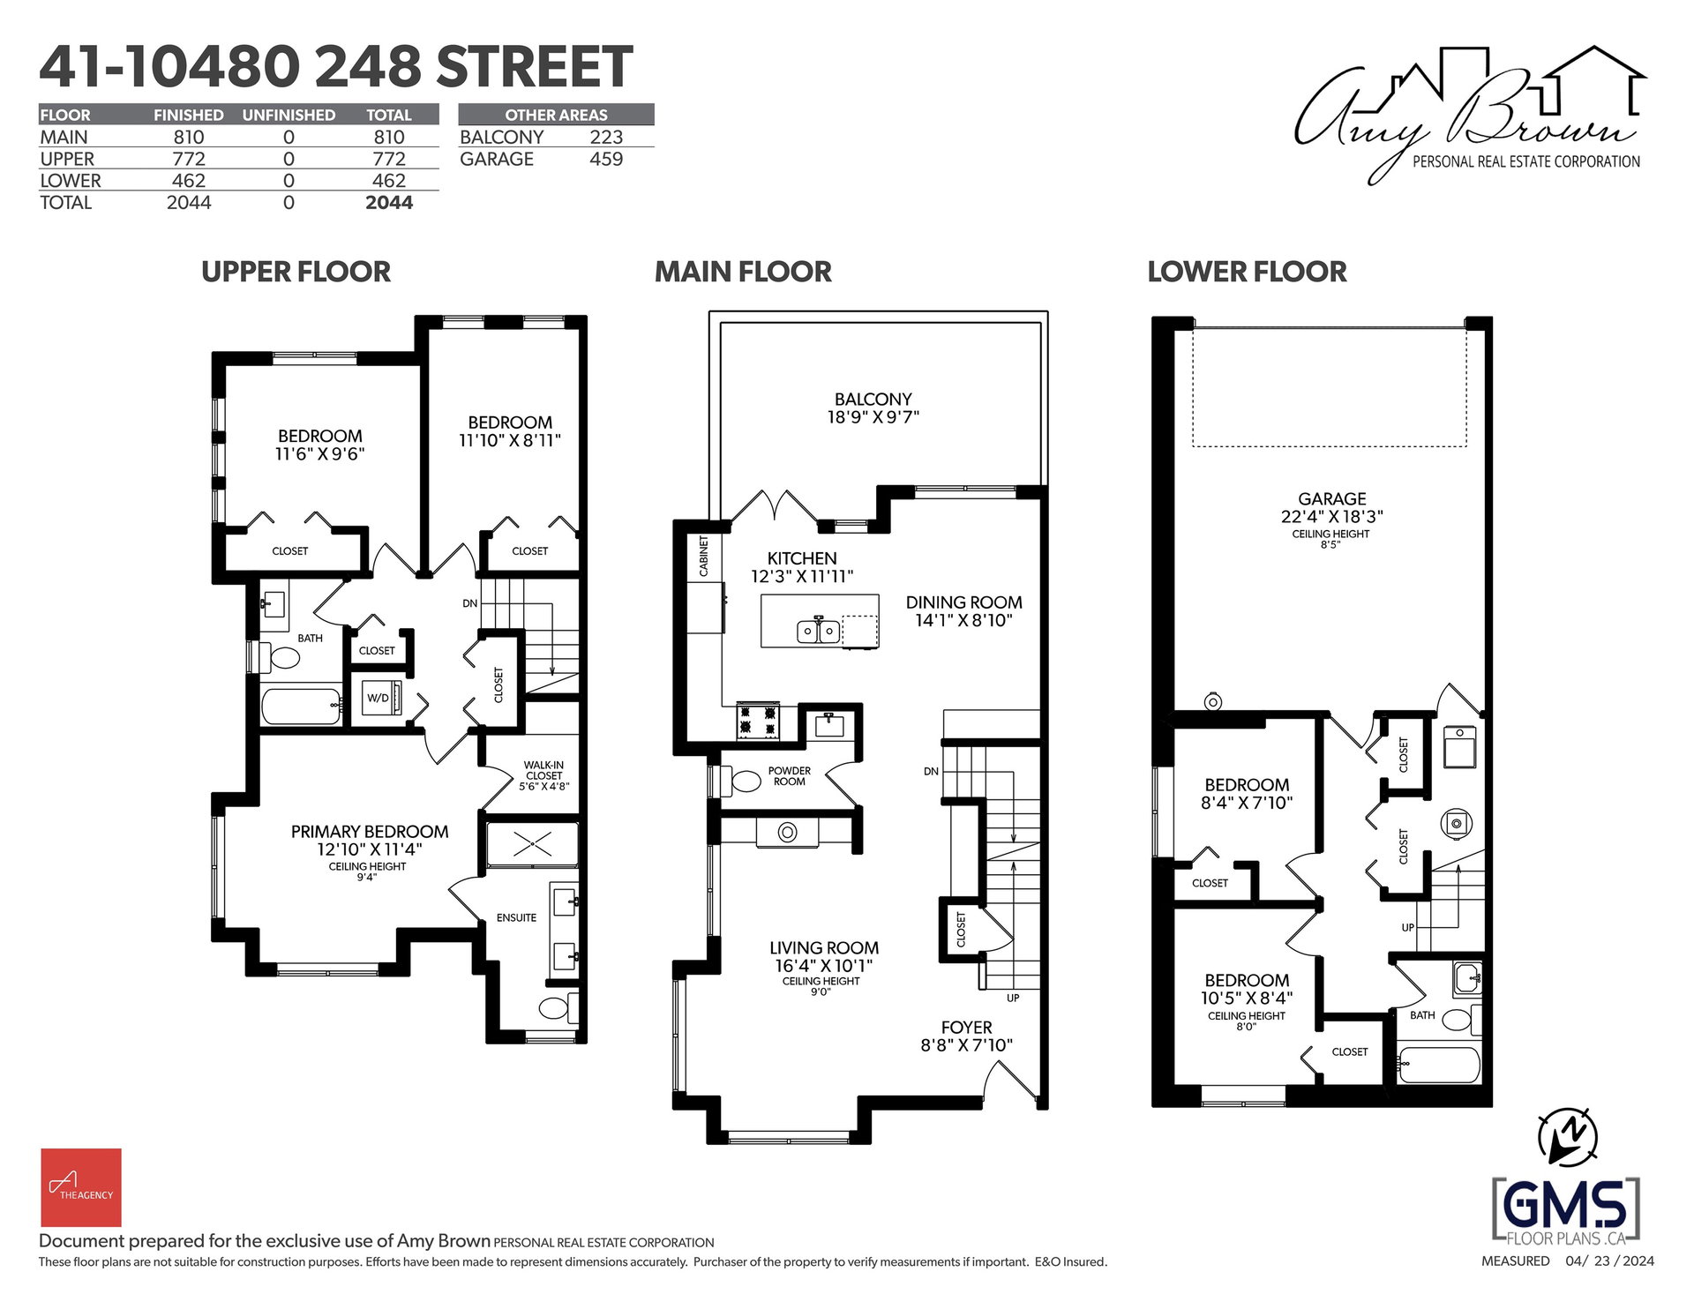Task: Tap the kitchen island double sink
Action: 819,632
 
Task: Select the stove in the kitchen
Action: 759,720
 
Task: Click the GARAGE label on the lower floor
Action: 1331,499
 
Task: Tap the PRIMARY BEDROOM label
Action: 370,832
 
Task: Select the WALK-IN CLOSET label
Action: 543,770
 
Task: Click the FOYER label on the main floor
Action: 966,1028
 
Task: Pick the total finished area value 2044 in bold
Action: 389,203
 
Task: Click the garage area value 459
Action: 606,159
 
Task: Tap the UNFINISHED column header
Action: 289,115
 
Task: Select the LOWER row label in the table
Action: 71,181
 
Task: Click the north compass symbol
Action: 1568,1135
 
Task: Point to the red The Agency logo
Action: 80,1187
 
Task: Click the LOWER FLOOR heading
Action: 1247,272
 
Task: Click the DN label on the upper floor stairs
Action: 469,604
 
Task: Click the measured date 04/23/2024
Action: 1610,1261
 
